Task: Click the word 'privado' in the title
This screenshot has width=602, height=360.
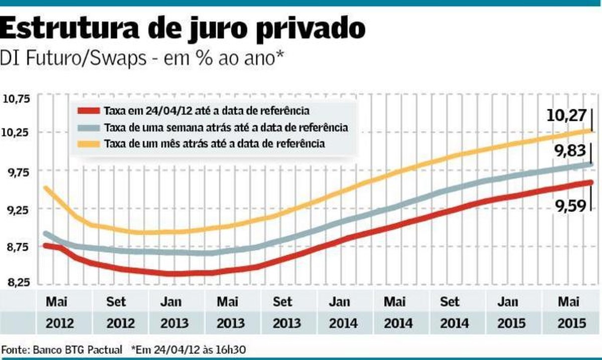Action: pyautogui.click(x=311, y=29)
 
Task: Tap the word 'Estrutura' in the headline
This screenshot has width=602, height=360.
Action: pyautogui.click(x=69, y=27)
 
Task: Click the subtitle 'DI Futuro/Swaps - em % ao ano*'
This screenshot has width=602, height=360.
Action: pyautogui.click(x=141, y=58)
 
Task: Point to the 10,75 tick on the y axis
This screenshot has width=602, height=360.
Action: pyautogui.click(x=16, y=99)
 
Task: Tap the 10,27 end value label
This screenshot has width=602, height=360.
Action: pyautogui.click(x=566, y=115)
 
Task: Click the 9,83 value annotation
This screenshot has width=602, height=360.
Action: pyautogui.click(x=570, y=150)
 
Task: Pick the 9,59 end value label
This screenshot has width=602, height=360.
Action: pyautogui.click(x=570, y=207)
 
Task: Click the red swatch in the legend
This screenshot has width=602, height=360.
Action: pyautogui.click(x=89, y=111)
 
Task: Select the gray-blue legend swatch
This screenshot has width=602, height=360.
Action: pyautogui.click(x=89, y=127)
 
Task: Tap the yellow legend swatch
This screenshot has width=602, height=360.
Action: pyautogui.click(x=89, y=144)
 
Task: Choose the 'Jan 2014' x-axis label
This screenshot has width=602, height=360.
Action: pyautogui.click(x=343, y=312)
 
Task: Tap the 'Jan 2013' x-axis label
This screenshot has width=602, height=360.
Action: pyautogui.click(x=175, y=312)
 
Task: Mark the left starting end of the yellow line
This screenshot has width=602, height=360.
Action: pyautogui.click(x=46, y=188)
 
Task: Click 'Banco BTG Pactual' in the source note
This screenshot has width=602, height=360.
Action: pyautogui.click(x=77, y=350)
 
